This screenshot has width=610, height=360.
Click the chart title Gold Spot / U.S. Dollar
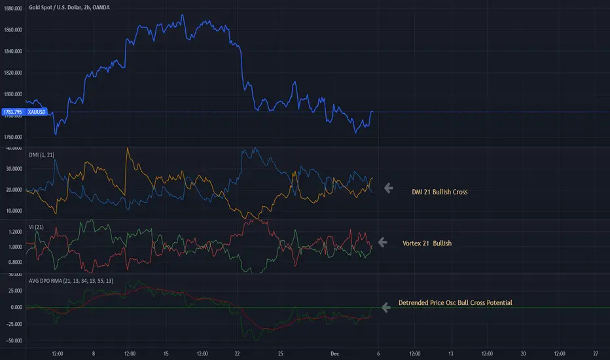[x=56, y=8]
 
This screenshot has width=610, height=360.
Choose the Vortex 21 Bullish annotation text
[x=427, y=243]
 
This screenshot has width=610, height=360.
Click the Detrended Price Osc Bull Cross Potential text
[x=455, y=303]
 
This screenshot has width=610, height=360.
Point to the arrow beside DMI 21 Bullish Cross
[x=388, y=189]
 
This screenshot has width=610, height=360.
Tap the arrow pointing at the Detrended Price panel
[x=386, y=306]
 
